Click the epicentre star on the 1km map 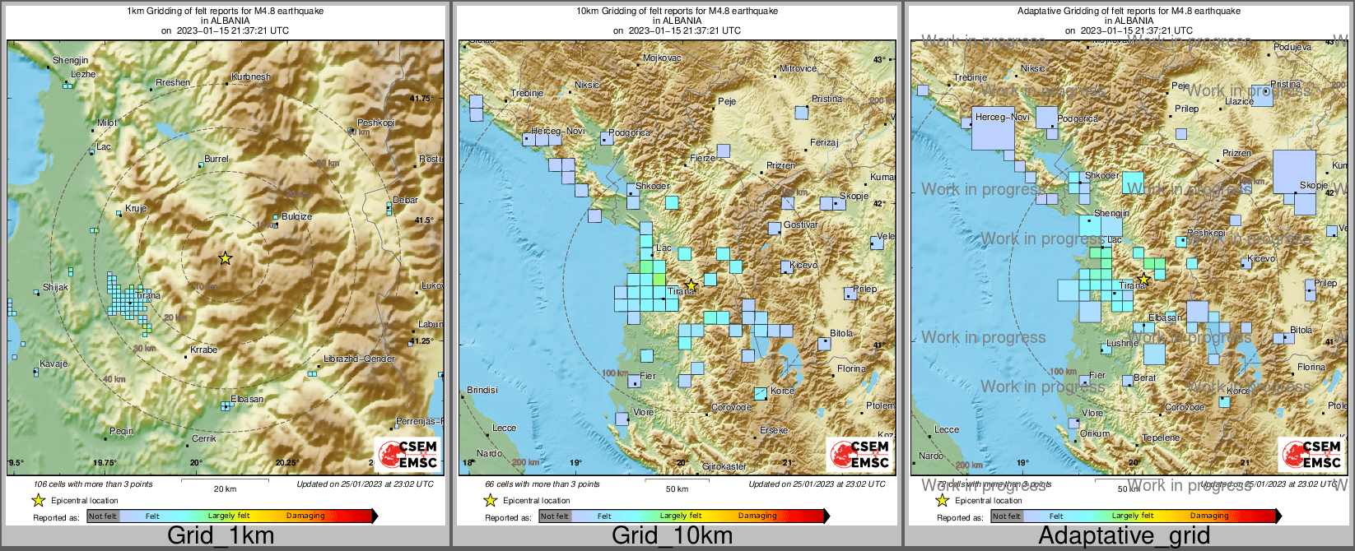pyautogui.click(x=226, y=258)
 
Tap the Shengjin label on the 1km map pyautogui.click(x=70, y=61)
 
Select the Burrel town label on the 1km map pyautogui.click(x=217, y=159)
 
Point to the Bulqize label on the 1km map pyautogui.click(x=296, y=216)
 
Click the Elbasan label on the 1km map pyautogui.click(x=247, y=399)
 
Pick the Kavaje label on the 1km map pyautogui.click(x=54, y=363)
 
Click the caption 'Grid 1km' pyautogui.click(x=221, y=535)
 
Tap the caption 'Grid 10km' pyautogui.click(x=672, y=535)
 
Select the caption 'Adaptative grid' pyautogui.click(x=1124, y=535)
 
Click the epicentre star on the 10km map pyautogui.click(x=691, y=285)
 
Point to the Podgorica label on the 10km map pyautogui.click(x=630, y=132)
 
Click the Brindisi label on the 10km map pyautogui.click(x=482, y=390)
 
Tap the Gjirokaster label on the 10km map pyautogui.click(x=724, y=466)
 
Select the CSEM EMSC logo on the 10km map pyautogui.click(x=860, y=454)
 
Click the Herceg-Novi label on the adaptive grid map pyautogui.click(x=1002, y=118)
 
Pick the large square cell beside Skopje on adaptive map pyautogui.click(x=1294, y=171)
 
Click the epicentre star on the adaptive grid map pyautogui.click(x=1143, y=279)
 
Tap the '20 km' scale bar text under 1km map pyautogui.click(x=225, y=488)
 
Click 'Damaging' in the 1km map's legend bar pyautogui.click(x=305, y=516)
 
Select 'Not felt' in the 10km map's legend pyautogui.click(x=554, y=516)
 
